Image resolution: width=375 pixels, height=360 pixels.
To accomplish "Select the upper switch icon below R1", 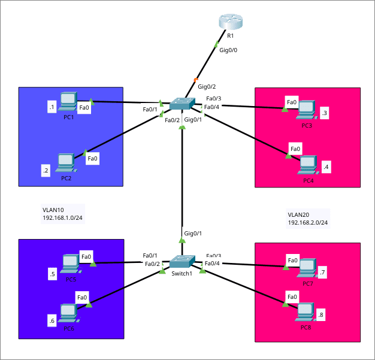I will point(182,103).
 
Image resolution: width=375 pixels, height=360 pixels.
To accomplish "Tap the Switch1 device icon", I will point(182,262).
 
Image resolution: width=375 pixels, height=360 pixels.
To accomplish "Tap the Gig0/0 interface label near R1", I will point(228,50).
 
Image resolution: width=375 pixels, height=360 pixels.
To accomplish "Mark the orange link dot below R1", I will point(196,79).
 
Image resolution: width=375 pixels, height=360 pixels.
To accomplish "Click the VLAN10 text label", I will point(53,210).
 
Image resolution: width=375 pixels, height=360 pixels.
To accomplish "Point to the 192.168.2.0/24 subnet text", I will point(308,223).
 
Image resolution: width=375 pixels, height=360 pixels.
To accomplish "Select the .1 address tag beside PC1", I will point(52,108).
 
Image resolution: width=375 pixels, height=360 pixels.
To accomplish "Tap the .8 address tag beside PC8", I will point(321,314).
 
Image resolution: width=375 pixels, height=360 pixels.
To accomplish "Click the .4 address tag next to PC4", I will point(326,167).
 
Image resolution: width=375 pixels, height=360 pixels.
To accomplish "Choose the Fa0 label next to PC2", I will point(92,159).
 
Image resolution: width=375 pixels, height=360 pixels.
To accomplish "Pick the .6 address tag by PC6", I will point(52,321).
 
